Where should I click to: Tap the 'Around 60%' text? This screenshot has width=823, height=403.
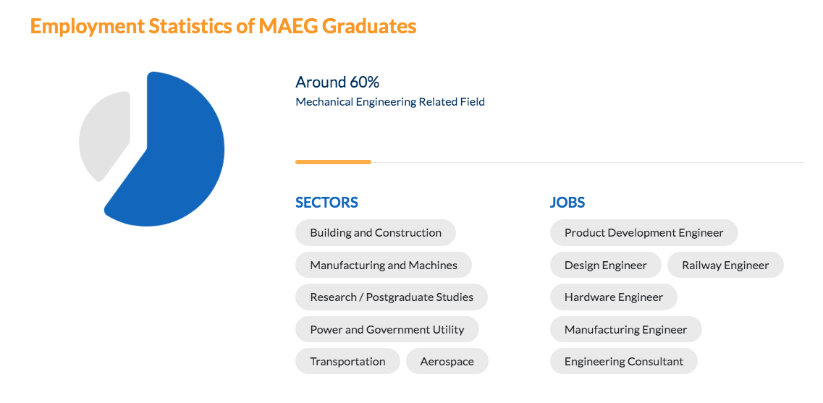click(x=337, y=82)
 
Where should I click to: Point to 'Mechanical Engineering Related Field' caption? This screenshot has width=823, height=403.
click(x=390, y=102)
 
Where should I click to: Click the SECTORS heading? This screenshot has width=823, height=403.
click(x=326, y=203)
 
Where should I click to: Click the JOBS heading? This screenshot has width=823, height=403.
click(x=567, y=203)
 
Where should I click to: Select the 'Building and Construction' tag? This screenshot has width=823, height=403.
click(x=376, y=233)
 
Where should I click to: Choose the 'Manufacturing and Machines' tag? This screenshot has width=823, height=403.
click(x=384, y=265)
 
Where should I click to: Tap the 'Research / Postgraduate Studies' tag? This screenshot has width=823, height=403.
click(x=392, y=297)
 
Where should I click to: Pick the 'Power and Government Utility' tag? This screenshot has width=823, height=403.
click(x=387, y=329)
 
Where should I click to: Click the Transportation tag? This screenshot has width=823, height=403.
click(x=347, y=361)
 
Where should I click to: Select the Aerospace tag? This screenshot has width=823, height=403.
click(x=447, y=361)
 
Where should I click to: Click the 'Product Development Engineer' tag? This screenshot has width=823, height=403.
click(x=643, y=233)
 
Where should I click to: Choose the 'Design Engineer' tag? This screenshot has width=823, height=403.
click(x=605, y=265)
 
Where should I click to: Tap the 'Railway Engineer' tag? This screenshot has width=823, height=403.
click(x=725, y=265)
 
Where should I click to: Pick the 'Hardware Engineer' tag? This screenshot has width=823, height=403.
click(x=614, y=297)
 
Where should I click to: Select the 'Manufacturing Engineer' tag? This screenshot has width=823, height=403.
click(x=625, y=329)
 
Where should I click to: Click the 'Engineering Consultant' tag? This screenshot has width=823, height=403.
click(x=623, y=361)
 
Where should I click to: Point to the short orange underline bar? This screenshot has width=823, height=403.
click(x=333, y=162)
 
